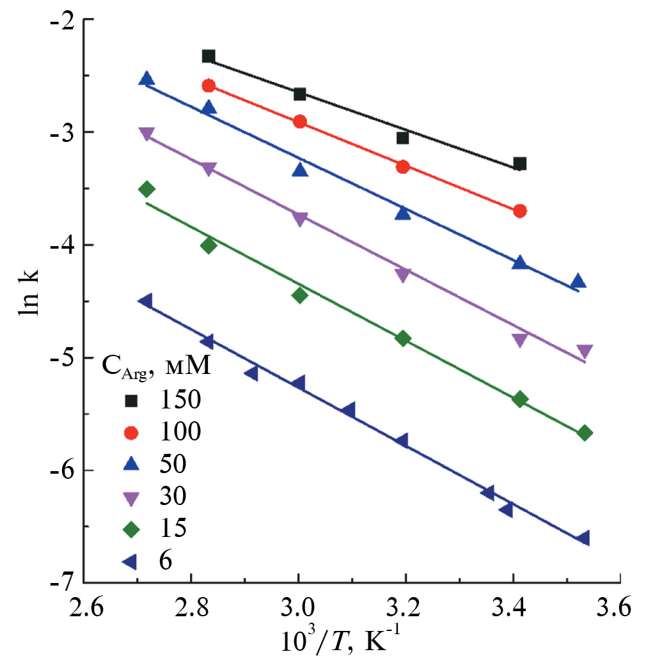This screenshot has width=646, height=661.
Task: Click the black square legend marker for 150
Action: [x=131, y=401]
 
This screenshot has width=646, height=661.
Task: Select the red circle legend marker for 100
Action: [x=131, y=433]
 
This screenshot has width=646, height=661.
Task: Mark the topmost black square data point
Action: [x=208, y=56]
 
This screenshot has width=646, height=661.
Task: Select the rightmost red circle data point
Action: [x=519, y=211]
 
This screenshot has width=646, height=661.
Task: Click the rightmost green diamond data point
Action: [x=584, y=433]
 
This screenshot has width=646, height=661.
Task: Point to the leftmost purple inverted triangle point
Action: [x=146, y=134]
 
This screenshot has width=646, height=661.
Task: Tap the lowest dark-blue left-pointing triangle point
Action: [x=583, y=538]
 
